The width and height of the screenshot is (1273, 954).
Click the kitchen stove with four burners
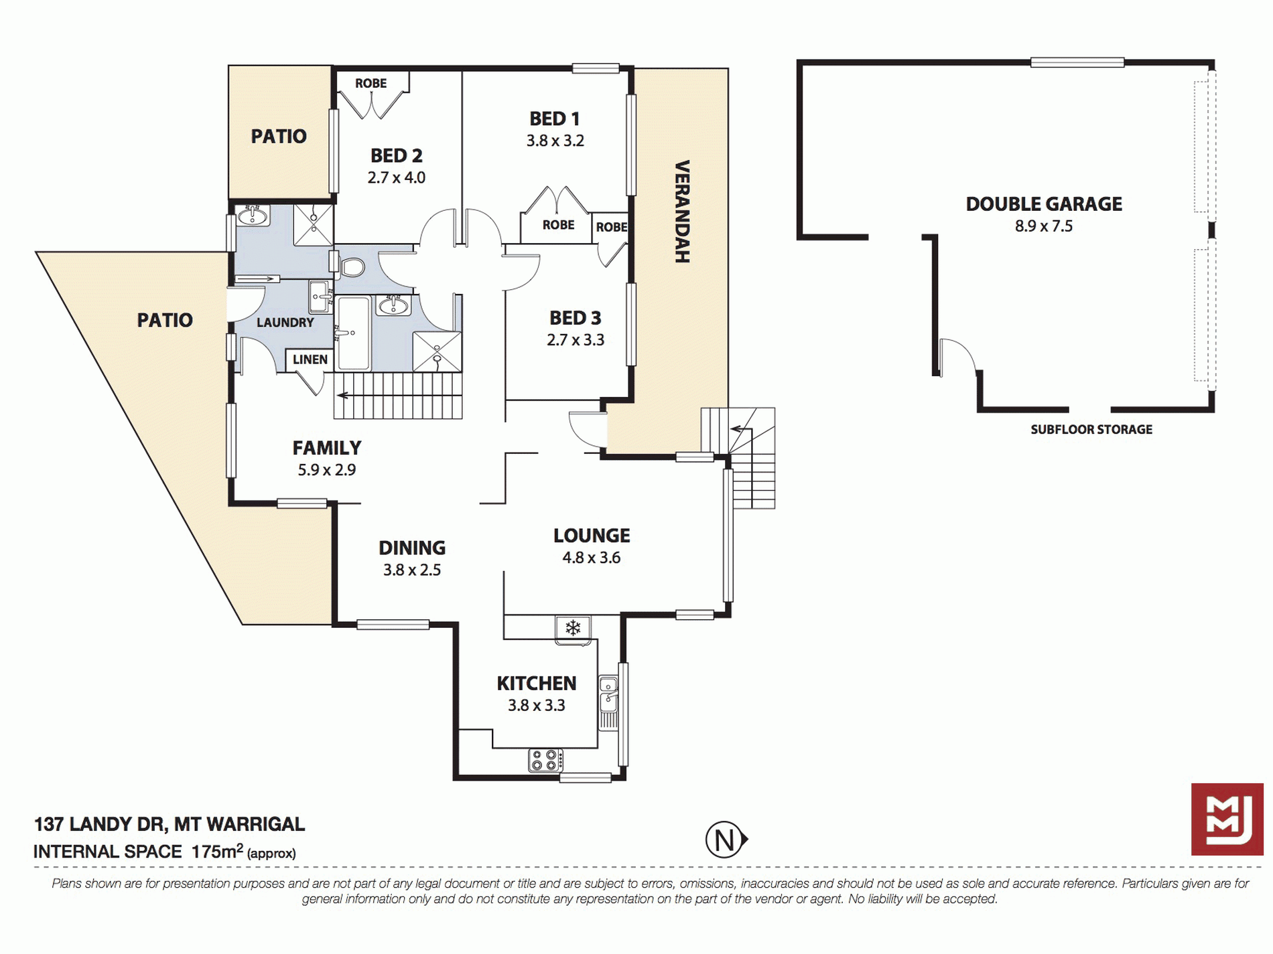546,761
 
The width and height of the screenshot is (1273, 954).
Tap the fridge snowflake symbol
573,628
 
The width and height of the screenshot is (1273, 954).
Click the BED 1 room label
554,118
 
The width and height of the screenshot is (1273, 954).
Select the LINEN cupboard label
310,360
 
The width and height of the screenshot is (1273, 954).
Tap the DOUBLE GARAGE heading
1044,204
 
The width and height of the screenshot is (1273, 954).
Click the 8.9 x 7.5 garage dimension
1044,226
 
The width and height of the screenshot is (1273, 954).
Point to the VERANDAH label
682,212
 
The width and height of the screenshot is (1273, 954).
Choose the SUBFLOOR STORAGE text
1091,430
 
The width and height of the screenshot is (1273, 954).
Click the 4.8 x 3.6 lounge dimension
592,558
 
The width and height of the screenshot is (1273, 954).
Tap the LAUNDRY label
285,323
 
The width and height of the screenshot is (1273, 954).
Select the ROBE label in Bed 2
371,84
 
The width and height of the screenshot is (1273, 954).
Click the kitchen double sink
608,694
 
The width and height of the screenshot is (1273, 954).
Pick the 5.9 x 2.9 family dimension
327,470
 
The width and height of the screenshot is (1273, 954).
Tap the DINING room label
412,548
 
